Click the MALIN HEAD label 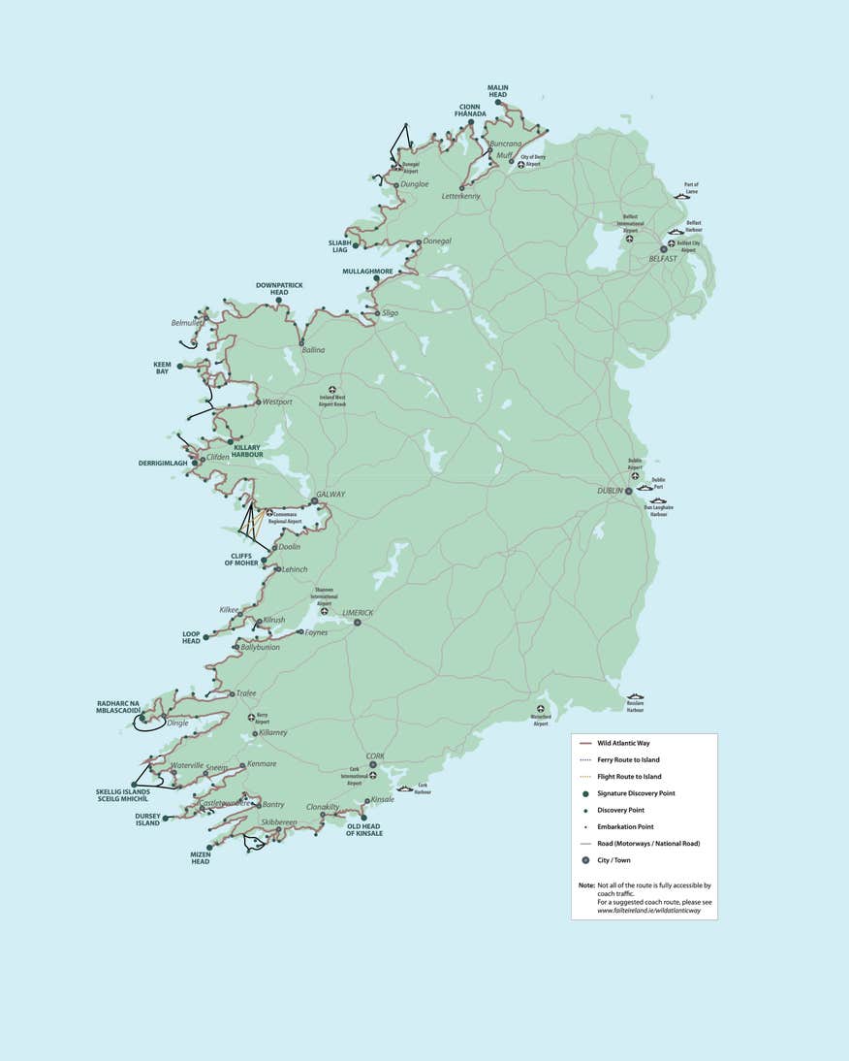(497, 91)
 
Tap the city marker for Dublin (628, 492)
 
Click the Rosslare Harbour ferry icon (635, 697)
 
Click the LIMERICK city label (358, 613)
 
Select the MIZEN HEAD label (201, 858)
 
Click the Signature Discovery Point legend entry (636, 793)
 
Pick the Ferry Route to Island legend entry (628, 759)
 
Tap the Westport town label (276, 402)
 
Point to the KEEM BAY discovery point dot (179, 366)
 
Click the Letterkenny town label (460, 196)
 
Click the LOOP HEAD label (191, 638)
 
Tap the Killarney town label (272, 733)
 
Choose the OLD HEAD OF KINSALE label (364, 829)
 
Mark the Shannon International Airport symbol (324, 612)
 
